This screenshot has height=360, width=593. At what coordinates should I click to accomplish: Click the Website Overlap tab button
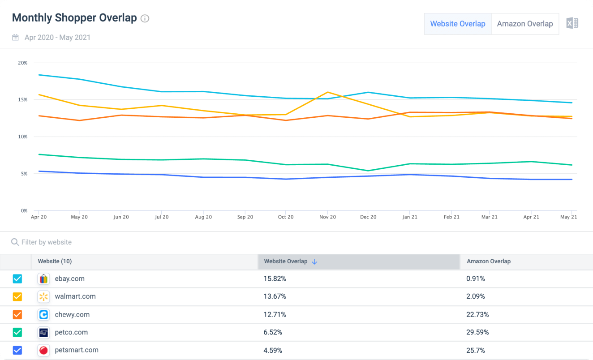tap(458, 24)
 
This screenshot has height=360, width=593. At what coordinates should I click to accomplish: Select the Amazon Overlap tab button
tap(525, 24)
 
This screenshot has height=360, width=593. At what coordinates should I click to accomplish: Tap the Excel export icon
tap(572, 23)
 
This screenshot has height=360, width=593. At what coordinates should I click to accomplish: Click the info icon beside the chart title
tap(145, 18)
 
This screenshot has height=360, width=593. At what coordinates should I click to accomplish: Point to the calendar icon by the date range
tap(15, 37)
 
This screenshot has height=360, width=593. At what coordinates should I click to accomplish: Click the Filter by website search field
tap(46, 242)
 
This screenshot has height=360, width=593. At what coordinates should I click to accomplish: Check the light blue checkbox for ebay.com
tap(17, 279)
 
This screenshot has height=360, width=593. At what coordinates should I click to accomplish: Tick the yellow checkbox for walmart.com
tap(17, 296)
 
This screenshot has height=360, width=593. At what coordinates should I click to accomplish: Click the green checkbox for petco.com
tap(17, 332)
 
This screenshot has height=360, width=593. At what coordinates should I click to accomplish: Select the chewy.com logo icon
tap(44, 314)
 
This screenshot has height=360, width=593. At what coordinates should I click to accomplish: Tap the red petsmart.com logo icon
tap(44, 350)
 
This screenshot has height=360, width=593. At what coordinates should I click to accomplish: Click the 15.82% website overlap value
tap(275, 279)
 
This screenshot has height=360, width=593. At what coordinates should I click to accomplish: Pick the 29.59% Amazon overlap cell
tap(477, 332)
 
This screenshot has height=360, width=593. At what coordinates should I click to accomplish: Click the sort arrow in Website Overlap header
tap(314, 262)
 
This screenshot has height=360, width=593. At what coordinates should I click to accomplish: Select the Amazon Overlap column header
tap(489, 261)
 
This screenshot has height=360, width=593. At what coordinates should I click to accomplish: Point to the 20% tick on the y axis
tap(23, 63)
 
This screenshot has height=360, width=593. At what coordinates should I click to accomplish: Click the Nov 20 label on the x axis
tap(327, 217)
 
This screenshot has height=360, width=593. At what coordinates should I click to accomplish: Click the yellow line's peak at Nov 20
tap(328, 92)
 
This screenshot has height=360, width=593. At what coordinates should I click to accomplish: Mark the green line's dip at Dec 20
tap(368, 171)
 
